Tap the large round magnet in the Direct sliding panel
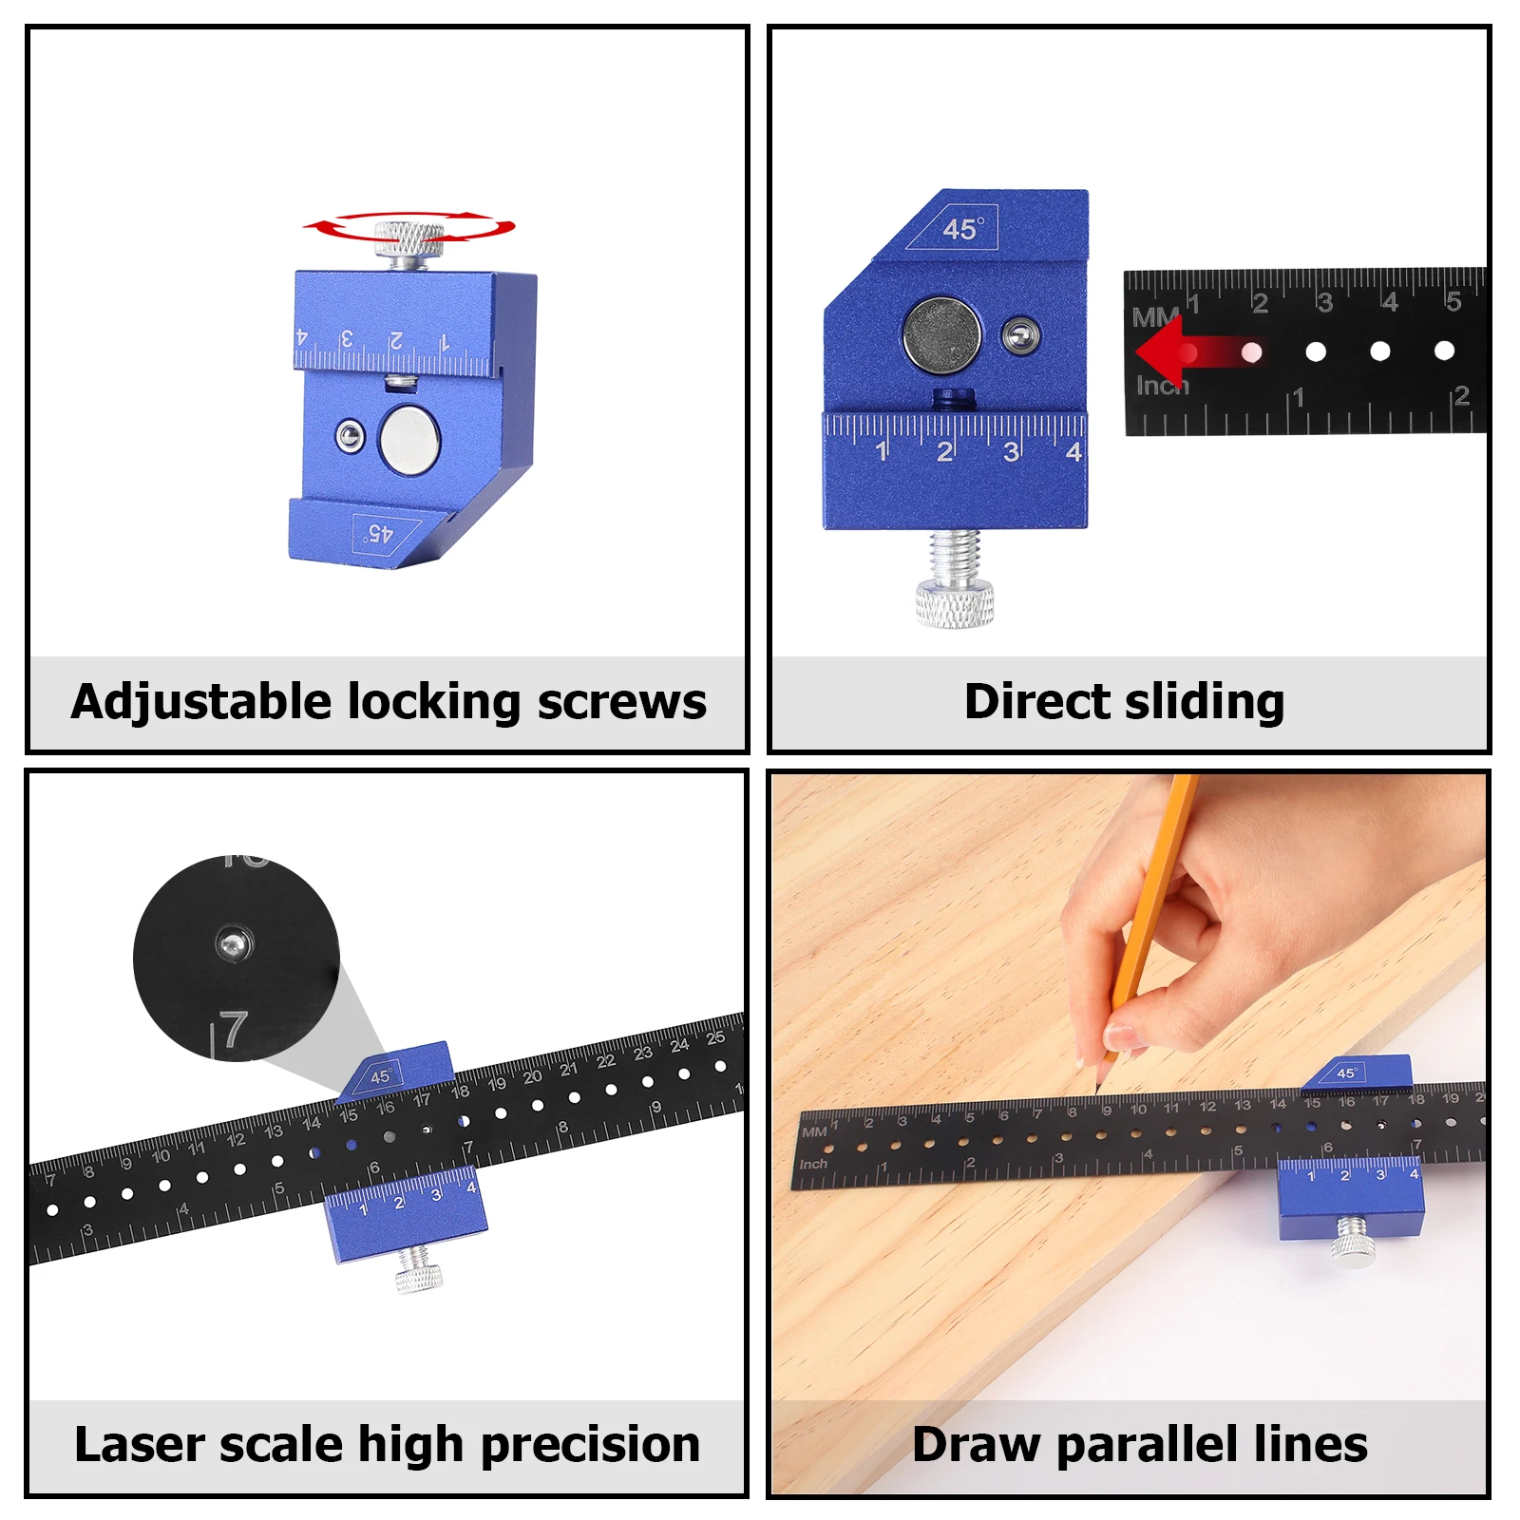941,335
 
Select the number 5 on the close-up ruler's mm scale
1453,302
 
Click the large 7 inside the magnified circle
233,1032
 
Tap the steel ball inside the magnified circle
233,943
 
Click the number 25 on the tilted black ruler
714,1037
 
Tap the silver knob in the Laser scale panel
418,1270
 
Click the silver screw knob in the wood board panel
1351,1242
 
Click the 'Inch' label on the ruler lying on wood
813,1165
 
